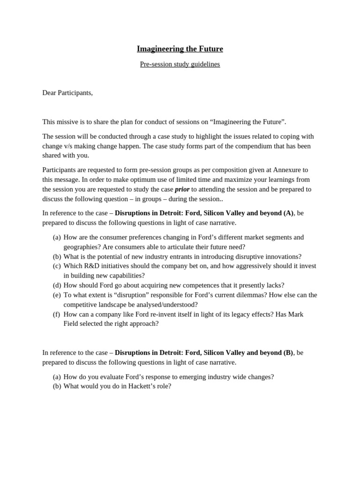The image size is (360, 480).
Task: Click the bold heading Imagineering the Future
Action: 180,49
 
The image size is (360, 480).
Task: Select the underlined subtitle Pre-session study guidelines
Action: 180,64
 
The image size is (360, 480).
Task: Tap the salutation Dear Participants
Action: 67,93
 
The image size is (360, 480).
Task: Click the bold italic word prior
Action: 182,189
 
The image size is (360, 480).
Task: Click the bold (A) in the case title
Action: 288,213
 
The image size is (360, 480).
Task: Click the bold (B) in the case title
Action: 288,352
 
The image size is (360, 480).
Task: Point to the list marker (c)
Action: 57,266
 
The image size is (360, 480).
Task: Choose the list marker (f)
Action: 57,314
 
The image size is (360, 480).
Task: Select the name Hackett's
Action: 142,386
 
